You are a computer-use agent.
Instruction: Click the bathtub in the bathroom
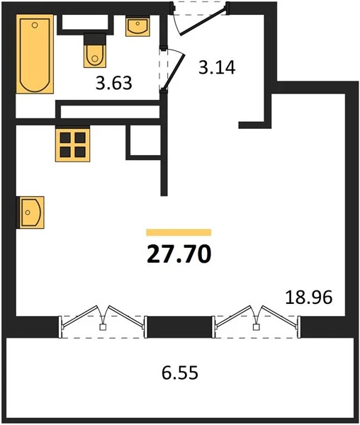[35, 54]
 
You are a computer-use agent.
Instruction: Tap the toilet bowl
[95, 56]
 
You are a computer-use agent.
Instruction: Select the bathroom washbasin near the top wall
[137, 26]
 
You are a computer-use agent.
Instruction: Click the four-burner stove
[73, 145]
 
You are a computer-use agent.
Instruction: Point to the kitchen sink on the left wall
[30, 212]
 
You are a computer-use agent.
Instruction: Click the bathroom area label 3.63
[114, 83]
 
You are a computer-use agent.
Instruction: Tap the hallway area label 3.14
[217, 67]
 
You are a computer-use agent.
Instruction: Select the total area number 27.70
[179, 254]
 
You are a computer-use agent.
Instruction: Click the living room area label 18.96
[309, 297]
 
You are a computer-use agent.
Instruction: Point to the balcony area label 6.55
[180, 373]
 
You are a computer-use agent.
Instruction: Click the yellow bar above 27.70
[179, 232]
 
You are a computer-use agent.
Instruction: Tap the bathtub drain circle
[35, 25]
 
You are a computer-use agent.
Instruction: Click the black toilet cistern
[94, 39]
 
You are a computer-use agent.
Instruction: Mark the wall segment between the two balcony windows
[180, 327]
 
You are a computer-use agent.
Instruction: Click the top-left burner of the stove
[65, 137]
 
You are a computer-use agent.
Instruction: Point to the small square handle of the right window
[256, 327]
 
